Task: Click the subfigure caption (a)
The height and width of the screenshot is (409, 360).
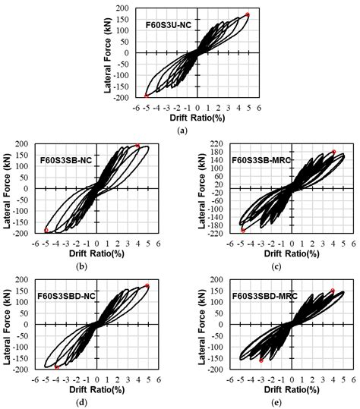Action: coord(181,130)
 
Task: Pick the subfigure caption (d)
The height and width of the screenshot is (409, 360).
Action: coord(89,401)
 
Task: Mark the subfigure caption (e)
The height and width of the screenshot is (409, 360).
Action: coord(270,401)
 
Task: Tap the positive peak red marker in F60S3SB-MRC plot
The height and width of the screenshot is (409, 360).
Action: coord(333,152)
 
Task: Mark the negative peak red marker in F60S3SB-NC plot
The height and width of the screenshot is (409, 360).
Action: coord(46,230)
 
